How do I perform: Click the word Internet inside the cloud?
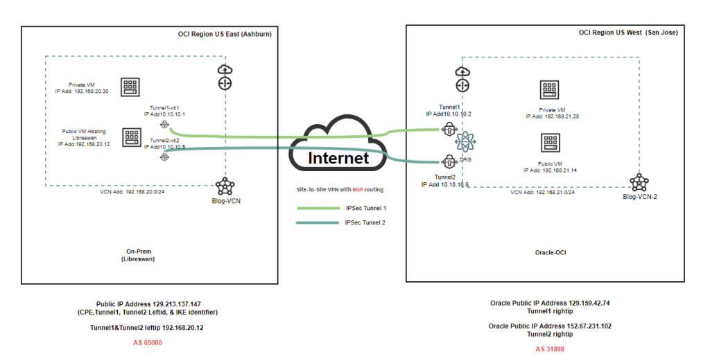[x=338, y=158]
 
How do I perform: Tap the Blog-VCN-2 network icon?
[x=639, y=182]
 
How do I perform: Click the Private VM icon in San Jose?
[x=550, y=90]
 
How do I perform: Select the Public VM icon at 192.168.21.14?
[x=551, y=143]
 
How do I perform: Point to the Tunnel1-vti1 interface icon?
[x=164, y=125]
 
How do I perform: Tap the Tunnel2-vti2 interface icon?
[x=164, y=157]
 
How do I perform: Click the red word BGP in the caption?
[x=357, y=188]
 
